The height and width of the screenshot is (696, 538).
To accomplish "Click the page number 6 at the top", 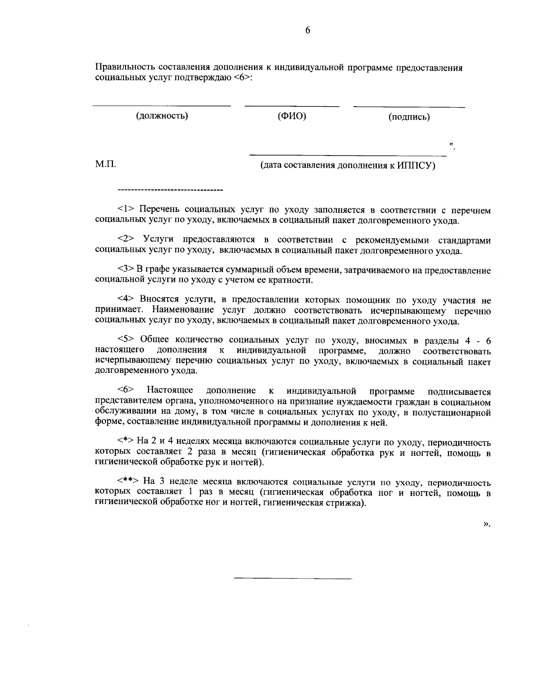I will point(308,30).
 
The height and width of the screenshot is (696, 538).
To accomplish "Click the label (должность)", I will point(162,116).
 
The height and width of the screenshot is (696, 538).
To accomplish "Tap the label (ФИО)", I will point(292,116).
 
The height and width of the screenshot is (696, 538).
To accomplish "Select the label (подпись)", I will point(409,117).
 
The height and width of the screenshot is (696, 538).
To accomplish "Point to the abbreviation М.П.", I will point(106,164).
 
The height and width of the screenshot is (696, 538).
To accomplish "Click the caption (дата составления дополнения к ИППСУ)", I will point(348,165).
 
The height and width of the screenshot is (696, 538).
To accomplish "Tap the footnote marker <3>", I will point(126,270).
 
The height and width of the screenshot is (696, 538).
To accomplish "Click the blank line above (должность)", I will point(161,106).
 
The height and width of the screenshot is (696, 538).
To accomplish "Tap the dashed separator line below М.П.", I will point(170,191).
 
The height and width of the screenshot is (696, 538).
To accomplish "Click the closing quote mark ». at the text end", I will point(487,523).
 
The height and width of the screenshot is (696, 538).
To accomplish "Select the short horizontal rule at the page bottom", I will point(293,579).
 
